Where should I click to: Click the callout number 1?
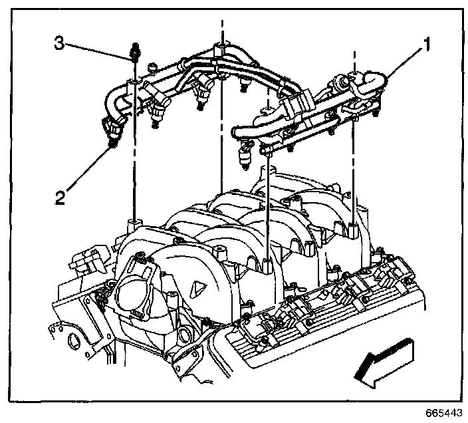(x=427, y=45)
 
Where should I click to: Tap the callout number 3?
(x=59, y=44)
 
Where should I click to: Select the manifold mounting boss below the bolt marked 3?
(x=134, y=223)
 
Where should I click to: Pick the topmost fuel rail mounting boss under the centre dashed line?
(x=220, y=50)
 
